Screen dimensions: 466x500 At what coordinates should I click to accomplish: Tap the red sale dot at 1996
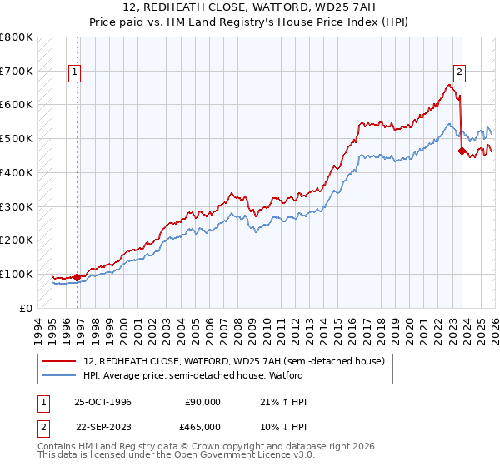(x=77, y=277)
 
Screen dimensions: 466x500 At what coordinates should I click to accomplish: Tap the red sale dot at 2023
(x=462, y=151)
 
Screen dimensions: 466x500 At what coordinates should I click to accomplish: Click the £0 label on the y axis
(x=25, y=308)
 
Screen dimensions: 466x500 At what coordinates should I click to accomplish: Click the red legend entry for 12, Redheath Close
(x=233, y=361)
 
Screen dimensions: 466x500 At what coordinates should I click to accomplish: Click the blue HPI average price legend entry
(x=218, y=375)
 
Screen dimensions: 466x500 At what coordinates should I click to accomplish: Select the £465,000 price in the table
(x=203, y=425)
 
